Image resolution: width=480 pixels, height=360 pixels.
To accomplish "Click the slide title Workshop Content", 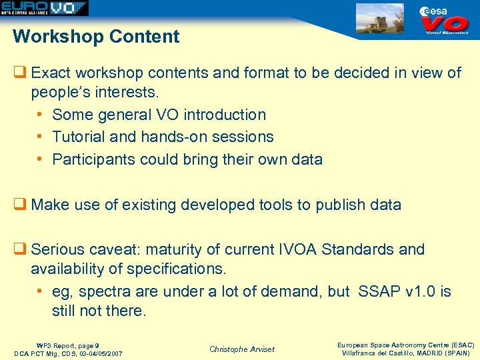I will (96, 37).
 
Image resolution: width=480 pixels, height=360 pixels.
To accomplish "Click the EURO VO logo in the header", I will (44, 8).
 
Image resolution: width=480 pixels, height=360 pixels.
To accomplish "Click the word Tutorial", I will (78, 137).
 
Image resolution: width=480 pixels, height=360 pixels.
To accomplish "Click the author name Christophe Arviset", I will (241, 349).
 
